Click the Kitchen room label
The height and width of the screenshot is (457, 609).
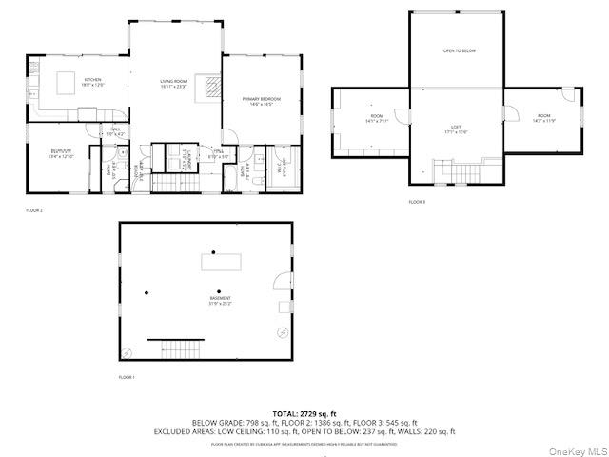[93, 81]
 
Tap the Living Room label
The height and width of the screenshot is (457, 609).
[173, 84]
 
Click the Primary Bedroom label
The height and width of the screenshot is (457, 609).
[261, 101]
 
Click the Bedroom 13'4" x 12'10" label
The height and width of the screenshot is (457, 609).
[61, 152]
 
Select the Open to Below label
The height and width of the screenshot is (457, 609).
[459, 50]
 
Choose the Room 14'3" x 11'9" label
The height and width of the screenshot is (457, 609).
[544, 119]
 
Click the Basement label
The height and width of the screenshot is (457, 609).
[221, 301]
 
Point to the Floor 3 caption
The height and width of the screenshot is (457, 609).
[417, 202]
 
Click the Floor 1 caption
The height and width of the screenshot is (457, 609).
[127, 378]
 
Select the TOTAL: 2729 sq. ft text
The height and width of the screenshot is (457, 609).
[304, 414]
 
